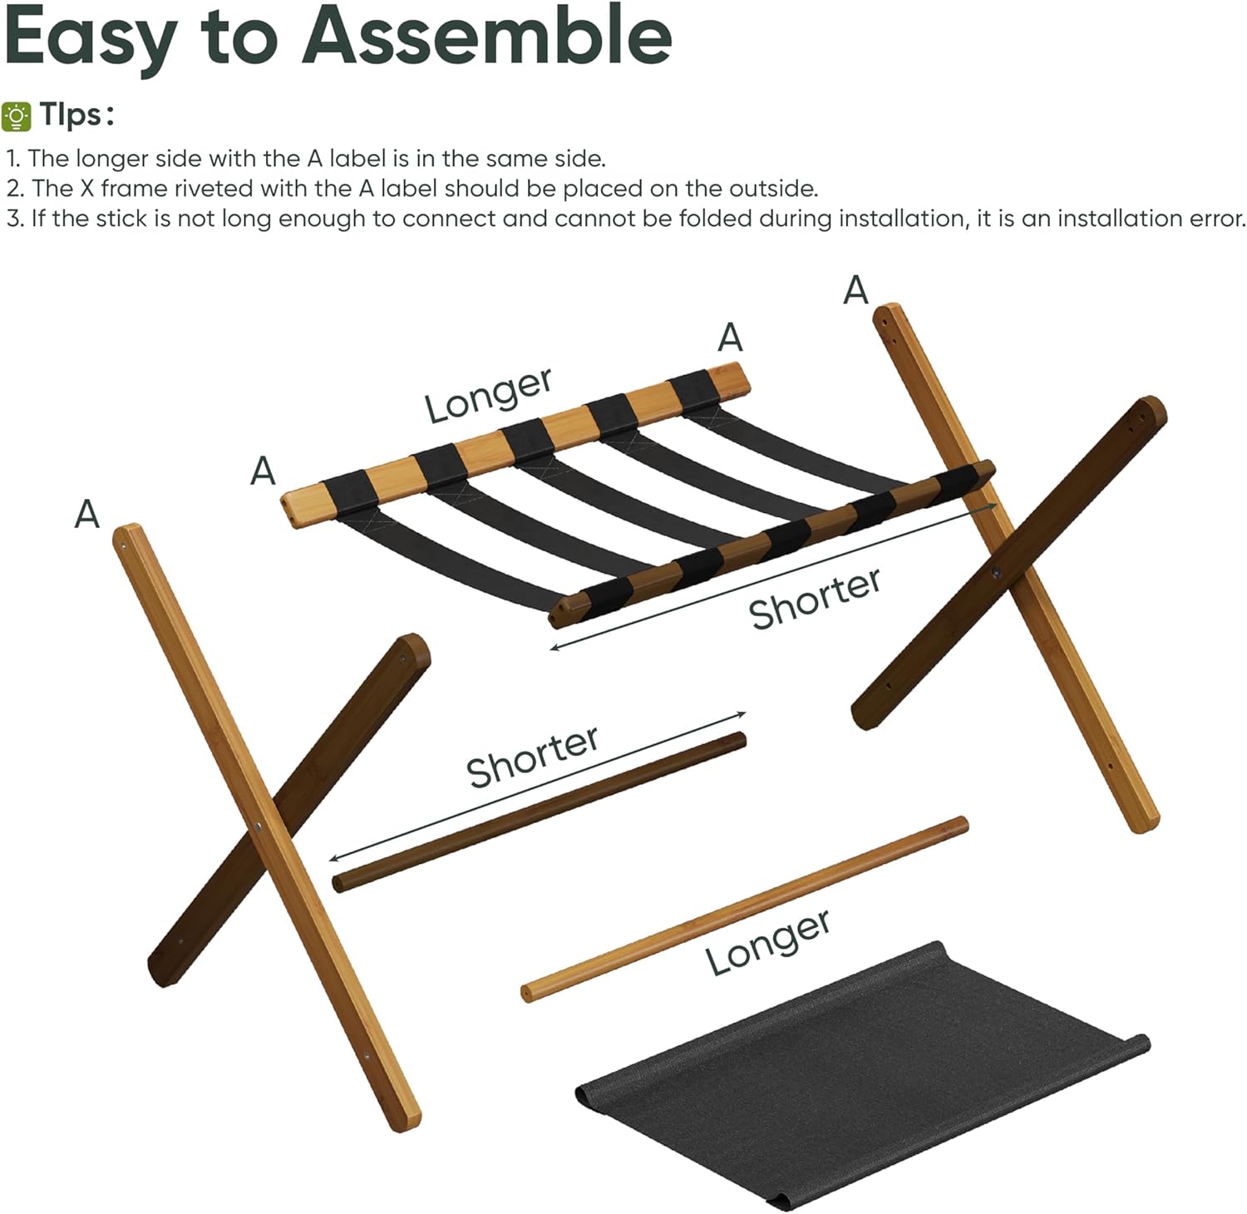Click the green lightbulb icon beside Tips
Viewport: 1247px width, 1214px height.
click(17, 116)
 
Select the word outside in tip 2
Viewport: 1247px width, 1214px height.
click(772, 189)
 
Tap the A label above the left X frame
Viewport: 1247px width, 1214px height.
click(87, 514)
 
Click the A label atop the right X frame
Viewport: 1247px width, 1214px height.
click(855, 290)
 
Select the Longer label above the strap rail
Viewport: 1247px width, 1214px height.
click(488, 394)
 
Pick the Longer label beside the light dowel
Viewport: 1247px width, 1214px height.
click(768, 942)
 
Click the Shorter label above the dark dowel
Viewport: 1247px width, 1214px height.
click(532, 756)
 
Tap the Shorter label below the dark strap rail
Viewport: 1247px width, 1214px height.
click(814, 598)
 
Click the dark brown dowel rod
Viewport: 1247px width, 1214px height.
click(539, 812)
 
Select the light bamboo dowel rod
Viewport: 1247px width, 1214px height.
click(744, 908)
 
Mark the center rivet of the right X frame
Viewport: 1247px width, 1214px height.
click(996, 572)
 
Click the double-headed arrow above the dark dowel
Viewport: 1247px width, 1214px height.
click(538, 787)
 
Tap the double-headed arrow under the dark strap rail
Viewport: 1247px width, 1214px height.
click(773, 575)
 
